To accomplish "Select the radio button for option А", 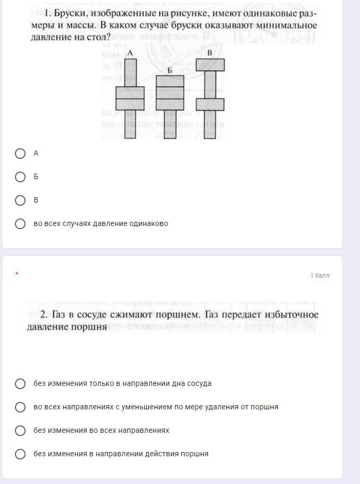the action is (20, 154).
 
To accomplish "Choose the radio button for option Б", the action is (20, 177).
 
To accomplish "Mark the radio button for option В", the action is (20, 200).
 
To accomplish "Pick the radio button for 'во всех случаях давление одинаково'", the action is (20, 224).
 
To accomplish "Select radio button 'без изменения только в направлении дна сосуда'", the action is (20, 384).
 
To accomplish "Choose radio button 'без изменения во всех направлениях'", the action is (20, 430).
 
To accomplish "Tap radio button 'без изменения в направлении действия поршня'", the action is (20, 454).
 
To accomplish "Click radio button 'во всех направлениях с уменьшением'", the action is (20, 407).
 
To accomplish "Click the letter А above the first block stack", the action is (130, 53).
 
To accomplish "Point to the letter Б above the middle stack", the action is (170, 71).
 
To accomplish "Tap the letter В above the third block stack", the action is (210, 53).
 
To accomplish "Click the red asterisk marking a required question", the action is (17, 273).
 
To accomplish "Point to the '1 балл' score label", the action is (320, 276).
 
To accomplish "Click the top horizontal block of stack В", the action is (210, 65).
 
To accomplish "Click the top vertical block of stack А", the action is (130, 72).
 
